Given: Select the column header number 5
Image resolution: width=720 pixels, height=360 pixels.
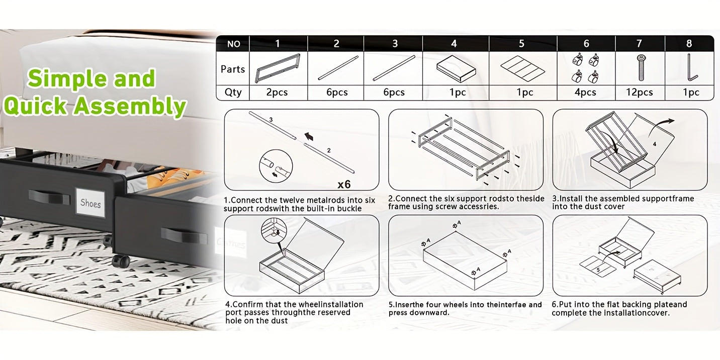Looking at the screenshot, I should pos(521,44).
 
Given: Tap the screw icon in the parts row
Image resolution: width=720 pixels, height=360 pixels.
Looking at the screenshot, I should pos(641,68).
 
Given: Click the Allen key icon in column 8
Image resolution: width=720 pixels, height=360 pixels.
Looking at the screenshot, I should pos(691,68).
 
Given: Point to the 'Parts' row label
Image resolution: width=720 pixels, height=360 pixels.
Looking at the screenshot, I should pos(233,69).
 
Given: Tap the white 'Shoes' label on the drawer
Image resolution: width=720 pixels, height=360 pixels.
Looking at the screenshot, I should pos(91,203).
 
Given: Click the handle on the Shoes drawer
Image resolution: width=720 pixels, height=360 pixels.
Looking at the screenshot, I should pos(49,196).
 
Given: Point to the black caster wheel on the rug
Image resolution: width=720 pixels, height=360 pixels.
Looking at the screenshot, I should pos(121,261).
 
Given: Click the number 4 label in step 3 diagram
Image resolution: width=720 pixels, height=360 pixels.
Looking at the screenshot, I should pos(654,144).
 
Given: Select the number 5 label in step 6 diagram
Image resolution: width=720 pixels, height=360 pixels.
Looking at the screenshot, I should pos(598,269).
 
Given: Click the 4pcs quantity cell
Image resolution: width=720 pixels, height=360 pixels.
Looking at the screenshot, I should pos(585,93).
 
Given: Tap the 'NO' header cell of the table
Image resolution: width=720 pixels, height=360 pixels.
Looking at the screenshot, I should pos(233,44).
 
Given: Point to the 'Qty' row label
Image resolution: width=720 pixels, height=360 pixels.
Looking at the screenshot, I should pos(233,93).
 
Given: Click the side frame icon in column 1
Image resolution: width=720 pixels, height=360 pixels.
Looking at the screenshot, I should pos(278,68).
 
